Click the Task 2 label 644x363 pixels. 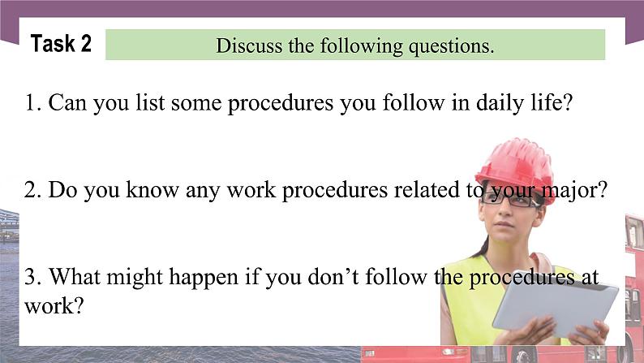61,44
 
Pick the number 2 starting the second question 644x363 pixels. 30,191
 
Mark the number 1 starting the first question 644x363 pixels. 30,104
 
